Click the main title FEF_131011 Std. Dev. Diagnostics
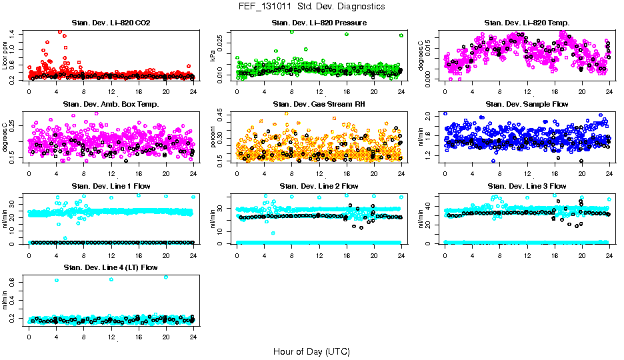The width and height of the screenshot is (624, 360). (x=311, y=7)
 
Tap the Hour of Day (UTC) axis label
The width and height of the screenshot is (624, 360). (x=311, y=351)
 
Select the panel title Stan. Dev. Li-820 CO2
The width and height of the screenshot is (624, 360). (x=111, y=23)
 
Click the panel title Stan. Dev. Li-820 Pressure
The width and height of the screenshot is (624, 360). (x=319, y=23)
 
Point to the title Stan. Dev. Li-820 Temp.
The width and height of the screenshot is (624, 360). (x=527, y=23)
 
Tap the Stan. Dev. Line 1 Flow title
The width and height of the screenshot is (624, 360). (x=111, y=186)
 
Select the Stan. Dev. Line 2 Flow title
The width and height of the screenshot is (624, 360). (x=319, y=186)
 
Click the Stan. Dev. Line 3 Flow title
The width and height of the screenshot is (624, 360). (x=527, y=186)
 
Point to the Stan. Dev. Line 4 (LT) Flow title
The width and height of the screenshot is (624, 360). (x=111, y=267)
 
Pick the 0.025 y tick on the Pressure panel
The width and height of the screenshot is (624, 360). (x=224, y=43)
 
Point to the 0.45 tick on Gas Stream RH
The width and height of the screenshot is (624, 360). (x=224, y=115)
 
